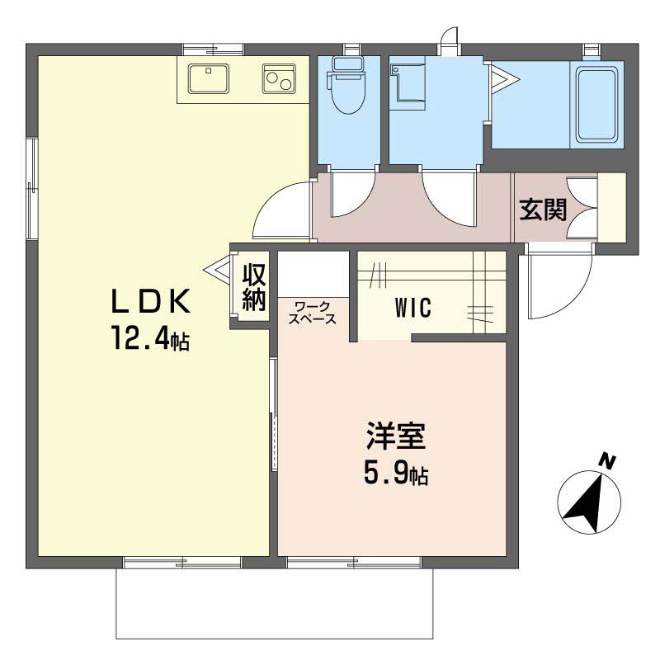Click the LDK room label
(150, 301)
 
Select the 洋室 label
(396, 436)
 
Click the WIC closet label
(413, 307)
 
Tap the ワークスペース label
(313, 313)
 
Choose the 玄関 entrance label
(543, 209)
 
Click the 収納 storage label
(254, 286)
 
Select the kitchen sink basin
(209, 78)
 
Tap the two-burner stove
(280, 78)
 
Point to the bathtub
(596, 106)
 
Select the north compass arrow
(588, 502)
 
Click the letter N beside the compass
(607, 461)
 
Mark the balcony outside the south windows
(275, 603)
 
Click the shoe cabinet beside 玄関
(612, 208)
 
